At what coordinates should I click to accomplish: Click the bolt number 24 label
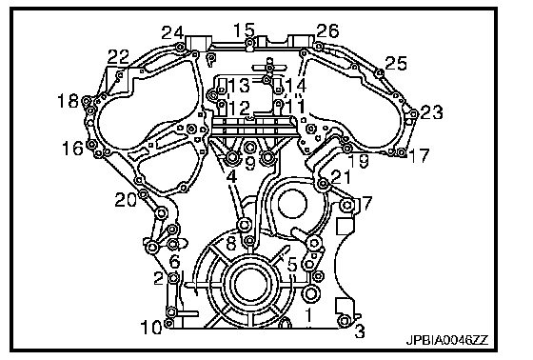(172, 33)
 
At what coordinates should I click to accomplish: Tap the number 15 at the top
(245, 30)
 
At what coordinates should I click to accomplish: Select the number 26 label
(327, 31)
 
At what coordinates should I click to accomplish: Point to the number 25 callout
(396, 63)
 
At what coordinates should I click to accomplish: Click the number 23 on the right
(432, 112)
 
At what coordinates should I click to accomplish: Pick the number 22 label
(119, 57)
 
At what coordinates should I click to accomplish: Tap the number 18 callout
(68, 101)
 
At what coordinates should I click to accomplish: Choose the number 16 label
(72, 149)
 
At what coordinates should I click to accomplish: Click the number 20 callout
(126, 200)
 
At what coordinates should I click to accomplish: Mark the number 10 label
(151, 328)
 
